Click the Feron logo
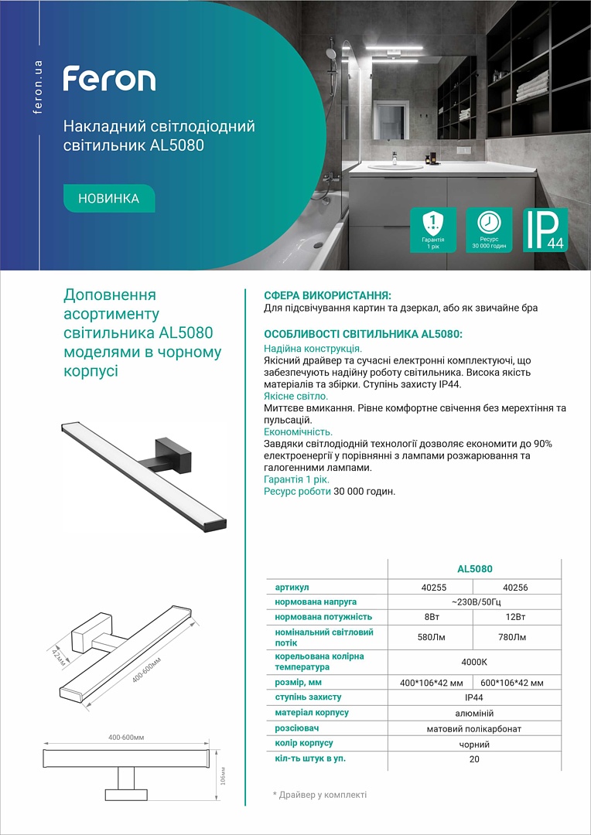pyautogui.click(x=109, y=79)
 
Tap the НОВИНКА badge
pyautogui.click(x=109, y=199)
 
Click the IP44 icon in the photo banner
pyautogui.click(x=545, y=230)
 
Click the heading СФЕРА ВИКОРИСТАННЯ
pyautogui.click(x=327, y=295)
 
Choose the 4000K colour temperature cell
pyautogui.click(x=474, y=662)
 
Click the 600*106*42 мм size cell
pyautogui.click(x=511, y=683)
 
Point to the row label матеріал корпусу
pyautogui.click(x=312, y=712)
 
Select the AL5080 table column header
pyautogui.click(x=474, y=569)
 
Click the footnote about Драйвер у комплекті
pyautogui.click(x=319, y=795)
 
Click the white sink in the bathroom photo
pyautogui.click(x=395, y=165)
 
